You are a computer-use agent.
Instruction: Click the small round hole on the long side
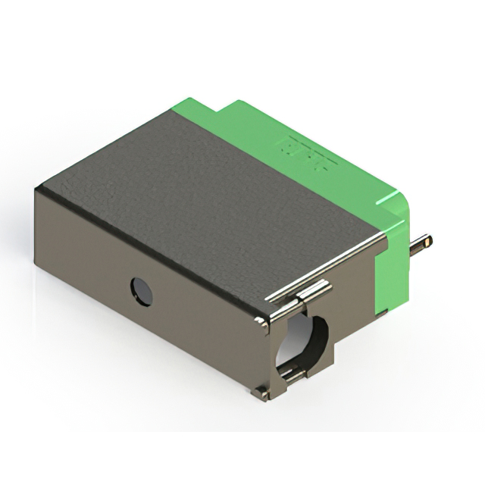click(141, 292)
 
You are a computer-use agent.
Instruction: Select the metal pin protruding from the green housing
click(421, 243)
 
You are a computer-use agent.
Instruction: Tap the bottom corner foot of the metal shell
click(261, 393)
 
